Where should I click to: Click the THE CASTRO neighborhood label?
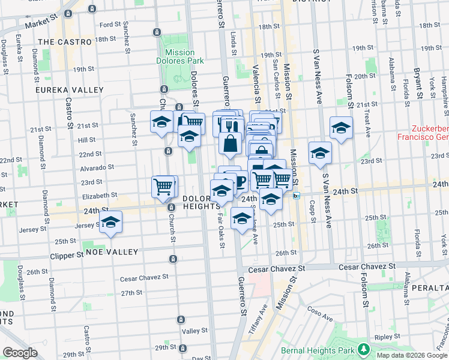[65, 42]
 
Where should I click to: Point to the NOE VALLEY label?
[112, 252]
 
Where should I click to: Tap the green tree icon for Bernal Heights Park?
[363, 349]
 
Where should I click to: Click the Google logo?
[20, 353]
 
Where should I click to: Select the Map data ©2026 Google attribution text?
[411, 355]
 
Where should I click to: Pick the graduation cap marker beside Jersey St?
[111, 222]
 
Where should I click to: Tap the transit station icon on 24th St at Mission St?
[296, 195]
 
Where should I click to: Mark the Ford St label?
[110, 25]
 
